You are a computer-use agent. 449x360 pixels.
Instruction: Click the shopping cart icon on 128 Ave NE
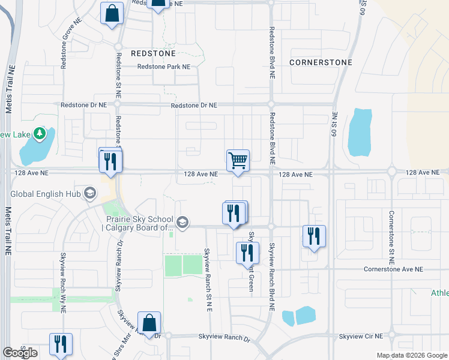(x=238, y=160)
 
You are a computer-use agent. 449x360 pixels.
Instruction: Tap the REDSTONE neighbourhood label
(x=152, y=53)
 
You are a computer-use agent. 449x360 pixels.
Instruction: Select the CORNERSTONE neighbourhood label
(x=320, y=62)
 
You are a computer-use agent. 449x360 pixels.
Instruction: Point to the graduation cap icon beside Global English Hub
(x=89, y=193)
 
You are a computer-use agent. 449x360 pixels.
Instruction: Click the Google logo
(x=20, y=353)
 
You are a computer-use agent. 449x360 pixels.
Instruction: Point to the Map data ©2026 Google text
(x=412, y=355)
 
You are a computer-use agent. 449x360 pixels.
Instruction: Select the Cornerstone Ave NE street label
(x=393, y=269)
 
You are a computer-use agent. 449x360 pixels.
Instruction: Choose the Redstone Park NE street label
(x=163, y=67)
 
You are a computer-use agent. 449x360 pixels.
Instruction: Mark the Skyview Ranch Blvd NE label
(x=272, y=277)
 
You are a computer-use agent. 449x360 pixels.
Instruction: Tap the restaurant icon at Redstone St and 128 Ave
(x=110, y=161)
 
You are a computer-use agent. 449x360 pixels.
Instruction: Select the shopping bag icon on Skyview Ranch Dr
(x=149, y=323)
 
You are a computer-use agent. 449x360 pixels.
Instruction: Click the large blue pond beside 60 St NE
(x=360, y=131)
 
